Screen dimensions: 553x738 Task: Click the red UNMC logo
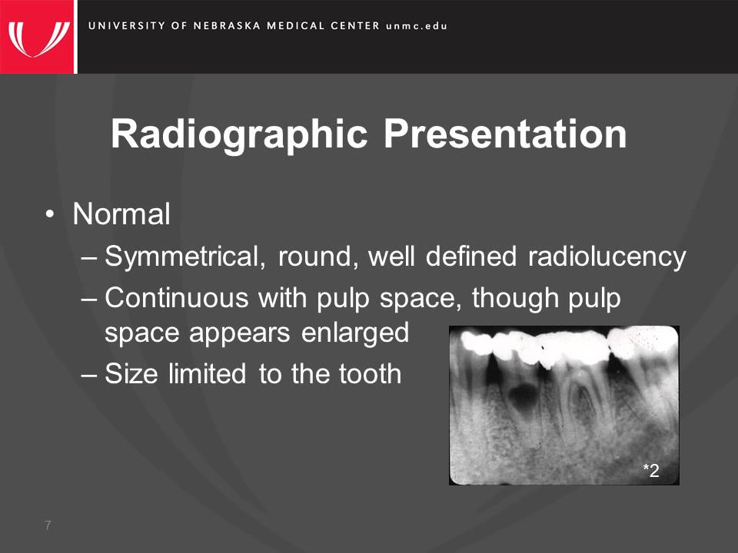point(38,36)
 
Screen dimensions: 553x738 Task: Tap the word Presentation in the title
point(505,134)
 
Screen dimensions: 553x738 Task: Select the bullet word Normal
point(121,215)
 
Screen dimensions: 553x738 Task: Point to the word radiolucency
point(607,257)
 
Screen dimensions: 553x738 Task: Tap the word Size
point(128,374)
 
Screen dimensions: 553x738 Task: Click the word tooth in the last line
point(370,374)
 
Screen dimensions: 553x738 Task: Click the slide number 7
point(48,525)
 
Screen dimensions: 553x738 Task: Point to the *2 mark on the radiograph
point(651,471)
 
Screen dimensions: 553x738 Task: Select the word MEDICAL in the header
point(296,25)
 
